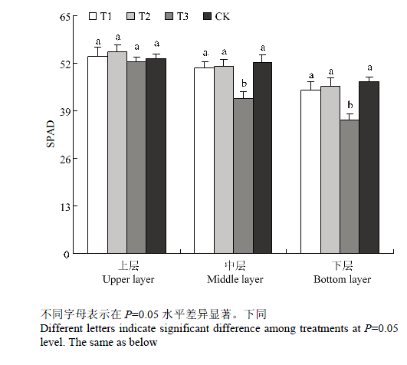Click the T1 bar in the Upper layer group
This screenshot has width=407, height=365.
tap(97, 155)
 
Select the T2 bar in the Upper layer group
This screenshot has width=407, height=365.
tap(117, 153)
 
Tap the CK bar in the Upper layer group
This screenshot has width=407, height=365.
tap(156, 156)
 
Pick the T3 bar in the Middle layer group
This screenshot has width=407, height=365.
tap(243, 176)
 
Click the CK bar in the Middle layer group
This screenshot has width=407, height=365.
tap(262, 158)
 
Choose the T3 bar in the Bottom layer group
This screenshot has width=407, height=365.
tap(350, 186)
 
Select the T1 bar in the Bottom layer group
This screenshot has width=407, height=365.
tap(310, 172)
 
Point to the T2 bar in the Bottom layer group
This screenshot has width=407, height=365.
tap(330, 169)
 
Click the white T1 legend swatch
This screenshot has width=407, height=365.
tap(93, 16)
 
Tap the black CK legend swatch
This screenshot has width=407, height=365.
tap(208, 16)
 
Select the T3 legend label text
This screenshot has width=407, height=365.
tap(182, 16)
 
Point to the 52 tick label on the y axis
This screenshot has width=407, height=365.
tap(65, 64)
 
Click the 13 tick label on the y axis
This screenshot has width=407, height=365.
tap(65, 207)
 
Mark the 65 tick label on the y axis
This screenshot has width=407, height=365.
tap(65, 17)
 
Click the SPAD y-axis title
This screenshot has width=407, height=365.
tap(51, 134)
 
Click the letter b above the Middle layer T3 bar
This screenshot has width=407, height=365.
tap(244, 84)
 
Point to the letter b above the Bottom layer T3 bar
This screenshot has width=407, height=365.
tap(350, 105)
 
